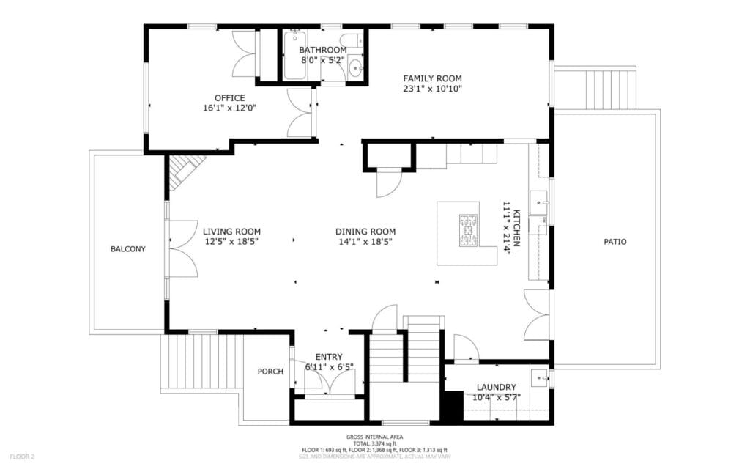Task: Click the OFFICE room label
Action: [x=229, y=97]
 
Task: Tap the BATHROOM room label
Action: [x=323, y=50]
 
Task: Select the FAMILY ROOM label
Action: [x=432, y=78]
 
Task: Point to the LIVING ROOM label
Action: [x=231, y=232]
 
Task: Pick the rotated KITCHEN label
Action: [x=516, y=228]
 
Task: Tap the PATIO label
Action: [x=615, y=242]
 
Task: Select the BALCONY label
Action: [x=127, y=249]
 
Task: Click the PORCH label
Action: [x=270, y=372]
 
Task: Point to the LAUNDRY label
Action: [x=496, y=387]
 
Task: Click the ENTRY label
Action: [x=329, y=357]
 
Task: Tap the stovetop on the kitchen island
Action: [x=468, y=231]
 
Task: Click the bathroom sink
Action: [x=356, y=70]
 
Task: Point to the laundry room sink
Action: [x=541, y=378]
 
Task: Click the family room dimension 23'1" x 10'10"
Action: [x=432, y=89]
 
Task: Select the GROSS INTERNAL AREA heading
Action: [x=374, y=437]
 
